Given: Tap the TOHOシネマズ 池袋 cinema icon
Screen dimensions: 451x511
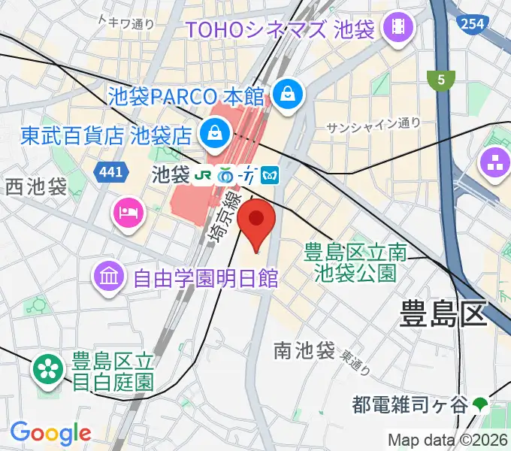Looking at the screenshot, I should coord(398,29).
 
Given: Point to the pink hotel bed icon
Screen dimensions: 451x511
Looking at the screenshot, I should coord(127,212).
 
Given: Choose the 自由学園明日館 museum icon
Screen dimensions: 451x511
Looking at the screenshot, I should coord(110,278).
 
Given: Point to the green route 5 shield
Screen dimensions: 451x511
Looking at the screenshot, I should coord(440,79).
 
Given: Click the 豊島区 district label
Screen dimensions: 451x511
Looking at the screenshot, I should coord(443,312).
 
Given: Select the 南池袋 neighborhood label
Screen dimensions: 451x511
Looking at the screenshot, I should coord(304,350).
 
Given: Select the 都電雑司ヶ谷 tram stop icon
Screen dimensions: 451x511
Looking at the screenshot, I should coord(480,405).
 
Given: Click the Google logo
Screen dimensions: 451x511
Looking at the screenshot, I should coord(50,433).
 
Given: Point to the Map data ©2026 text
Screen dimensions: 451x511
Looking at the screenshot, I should coord(448,440).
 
